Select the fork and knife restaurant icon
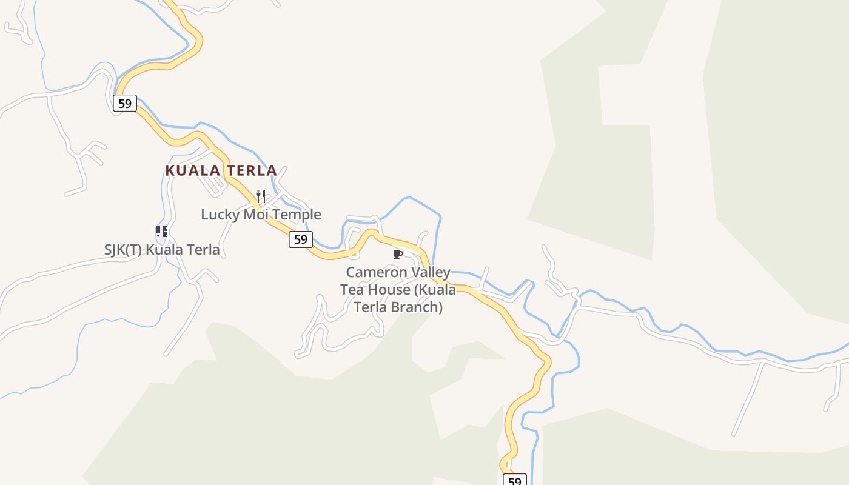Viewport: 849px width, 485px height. [x=261, y=196]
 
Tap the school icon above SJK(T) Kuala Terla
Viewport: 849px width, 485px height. [x=161, y=231]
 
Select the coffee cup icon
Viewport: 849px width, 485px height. [x=398, y=254]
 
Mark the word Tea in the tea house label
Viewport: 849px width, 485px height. [x=352, y=290]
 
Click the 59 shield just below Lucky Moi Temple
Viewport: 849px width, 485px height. [x=300, y=239]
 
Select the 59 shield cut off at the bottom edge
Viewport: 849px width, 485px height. [x=514, y=481]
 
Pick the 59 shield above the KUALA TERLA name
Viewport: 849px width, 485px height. [x=124, y=103]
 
